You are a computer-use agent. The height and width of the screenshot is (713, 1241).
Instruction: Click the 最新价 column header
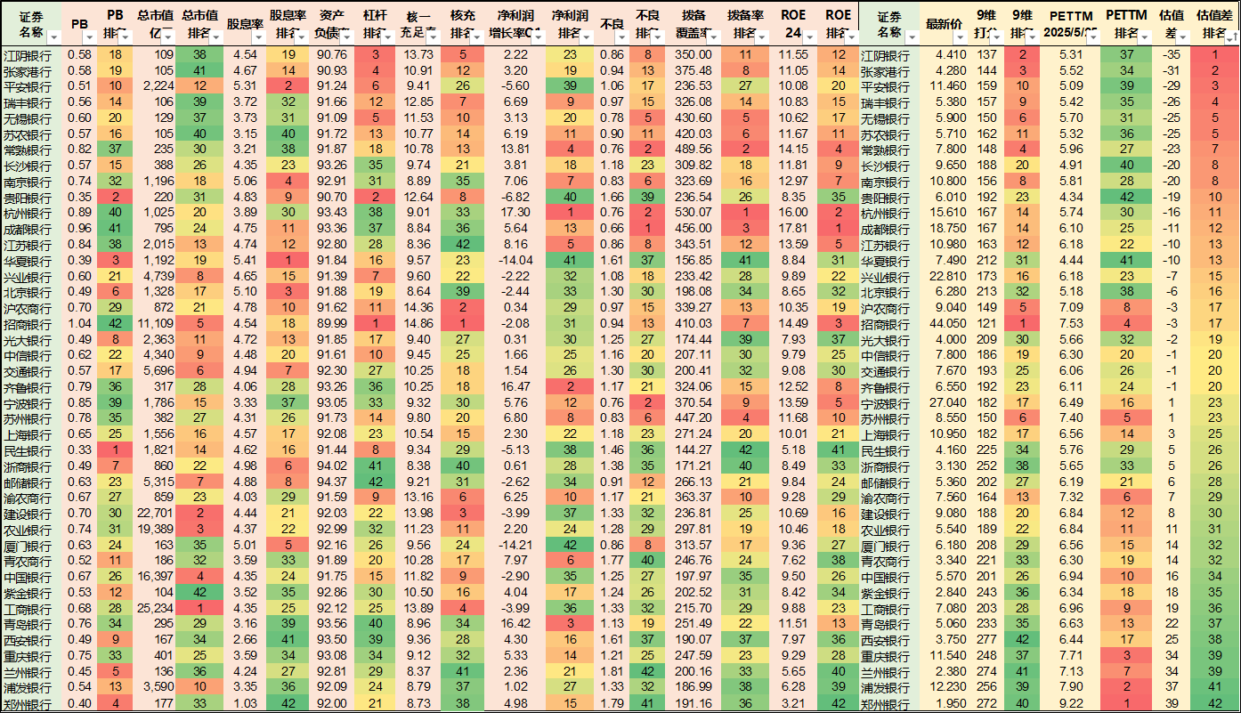point(945,24)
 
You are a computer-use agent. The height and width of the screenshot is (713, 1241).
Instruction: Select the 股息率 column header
point(243,24)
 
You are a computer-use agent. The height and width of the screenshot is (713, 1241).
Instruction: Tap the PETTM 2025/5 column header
point(1071,24)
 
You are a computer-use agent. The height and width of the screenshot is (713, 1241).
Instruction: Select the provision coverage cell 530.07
point(693,213)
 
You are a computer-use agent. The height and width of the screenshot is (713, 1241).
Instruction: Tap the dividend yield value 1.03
point(245,704)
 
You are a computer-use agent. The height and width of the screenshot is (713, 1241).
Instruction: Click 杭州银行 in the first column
point(27,213)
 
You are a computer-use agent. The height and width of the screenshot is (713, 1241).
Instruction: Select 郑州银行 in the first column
point(27,704)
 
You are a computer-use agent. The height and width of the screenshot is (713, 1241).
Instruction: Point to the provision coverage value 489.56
point(693,150)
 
